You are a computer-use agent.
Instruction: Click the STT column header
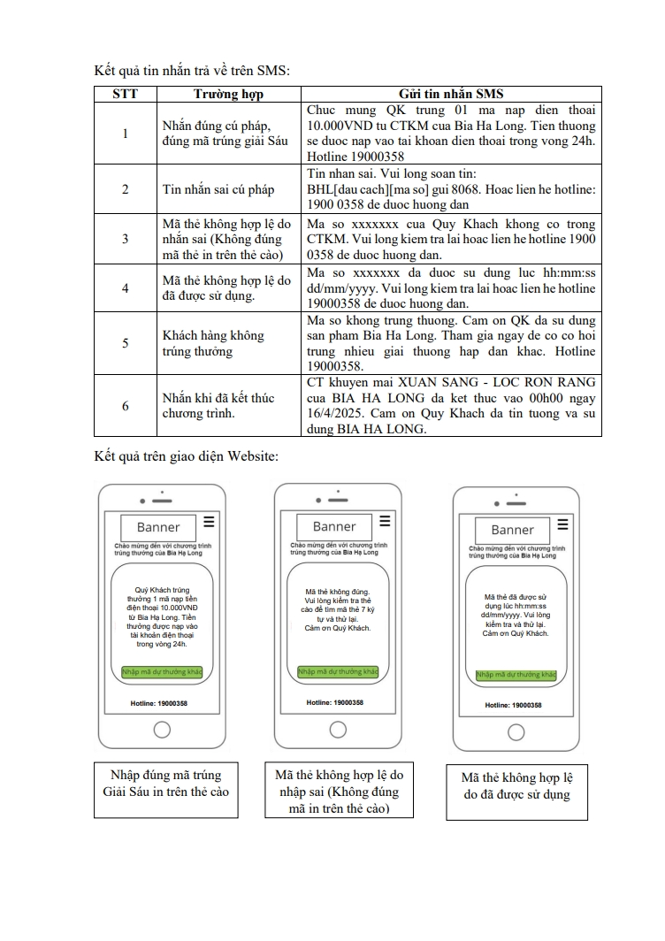(x=125, y=95)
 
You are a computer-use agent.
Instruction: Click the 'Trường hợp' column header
(x=228, y=95)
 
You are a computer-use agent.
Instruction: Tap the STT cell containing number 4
(x=125, y=288)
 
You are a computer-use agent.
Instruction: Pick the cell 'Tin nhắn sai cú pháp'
(x=218, y=188)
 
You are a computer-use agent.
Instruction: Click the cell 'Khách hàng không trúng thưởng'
(x=213, y=343)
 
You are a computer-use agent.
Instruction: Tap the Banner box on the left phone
(x=158, y=527)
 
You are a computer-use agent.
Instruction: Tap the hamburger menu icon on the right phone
(x=562, y=525)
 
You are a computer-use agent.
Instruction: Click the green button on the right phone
(x=516, y=675)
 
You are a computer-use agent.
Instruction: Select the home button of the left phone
(x=162, y=730)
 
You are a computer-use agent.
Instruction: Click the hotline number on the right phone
(x=514, y=706)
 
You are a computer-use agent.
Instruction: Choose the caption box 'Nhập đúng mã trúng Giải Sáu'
(x=165, y=784)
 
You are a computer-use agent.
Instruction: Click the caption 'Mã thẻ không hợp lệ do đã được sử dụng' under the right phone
(x=517, y=785)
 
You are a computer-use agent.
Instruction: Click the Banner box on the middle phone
(x=334, y=526)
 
